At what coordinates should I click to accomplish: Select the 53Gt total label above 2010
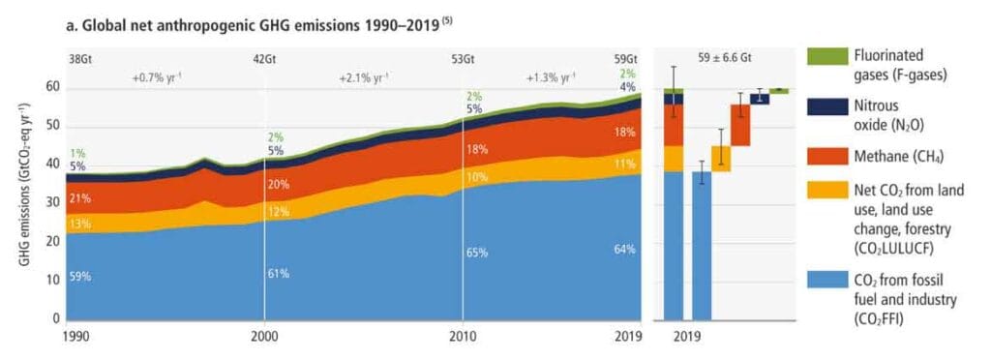pos(463,59)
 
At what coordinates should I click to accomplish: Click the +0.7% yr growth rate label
pos(159,76)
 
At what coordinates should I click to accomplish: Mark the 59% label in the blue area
pos(80,277)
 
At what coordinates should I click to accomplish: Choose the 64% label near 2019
pos(624,250)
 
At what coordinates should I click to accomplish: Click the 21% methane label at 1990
pos(80,199)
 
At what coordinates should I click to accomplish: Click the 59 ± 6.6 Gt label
pos(720,59)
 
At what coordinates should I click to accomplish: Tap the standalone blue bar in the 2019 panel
pos(702,246)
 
